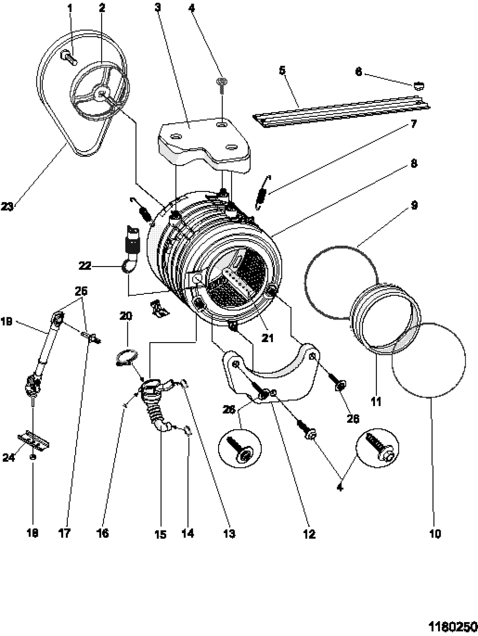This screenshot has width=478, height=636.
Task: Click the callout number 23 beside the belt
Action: pyautogui.click(x=8, y=207)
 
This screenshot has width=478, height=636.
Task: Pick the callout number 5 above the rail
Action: pyautogui.click(x=283, y=70)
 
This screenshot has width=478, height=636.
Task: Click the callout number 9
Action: pyautogui.click(x=414, y=205)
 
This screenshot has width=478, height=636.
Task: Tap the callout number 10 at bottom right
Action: pyautogui.click(x=435, y=533)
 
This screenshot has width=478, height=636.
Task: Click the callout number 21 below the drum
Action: pyautogui.click(x=268, y=337)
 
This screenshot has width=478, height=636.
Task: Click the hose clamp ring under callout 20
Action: pyautogui.click(x=126, y=357)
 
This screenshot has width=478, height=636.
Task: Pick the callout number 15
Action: pyautogui.click(x=160, y=534)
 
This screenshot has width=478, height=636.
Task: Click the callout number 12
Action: pyautogui.click(x=309, y=534)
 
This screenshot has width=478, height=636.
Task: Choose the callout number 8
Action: pyautogui.click(x=414, y=163)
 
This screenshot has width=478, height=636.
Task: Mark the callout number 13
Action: pyautogui.click(x=229, y=534)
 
